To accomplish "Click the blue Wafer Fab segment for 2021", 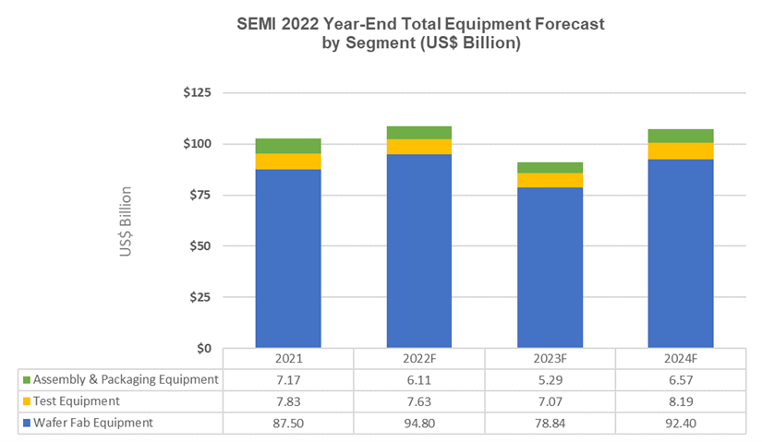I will [x=288, y=258].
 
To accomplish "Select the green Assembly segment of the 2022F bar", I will [x=419, y=132].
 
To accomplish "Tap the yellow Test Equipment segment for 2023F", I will [x=550, y=180].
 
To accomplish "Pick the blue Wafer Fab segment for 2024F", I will [x=681, y=254].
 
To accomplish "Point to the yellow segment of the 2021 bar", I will [x=288, y=161].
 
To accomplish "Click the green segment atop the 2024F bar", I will [x=681, y=136].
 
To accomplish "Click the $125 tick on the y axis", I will [x=195, y=93].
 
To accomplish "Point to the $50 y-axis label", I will [x=199, y=246].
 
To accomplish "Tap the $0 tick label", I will [x=202, y=348].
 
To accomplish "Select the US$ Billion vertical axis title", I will [x=126, y=221].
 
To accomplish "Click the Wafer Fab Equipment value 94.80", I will [x=419, y=423].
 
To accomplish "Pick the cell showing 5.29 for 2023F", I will [x=550, y=379].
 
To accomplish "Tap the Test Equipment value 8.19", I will [x=681, y=401].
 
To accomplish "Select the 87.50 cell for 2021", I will [x=288, y=423].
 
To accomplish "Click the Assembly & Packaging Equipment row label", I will [x=126, y=379].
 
